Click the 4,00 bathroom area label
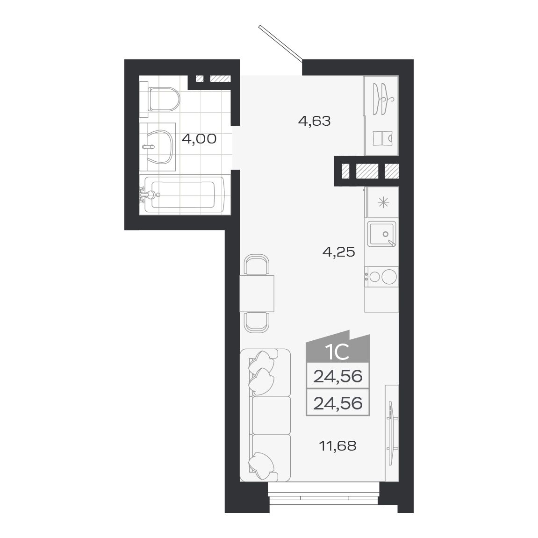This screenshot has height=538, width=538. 199,139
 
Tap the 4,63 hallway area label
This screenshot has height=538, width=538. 314,122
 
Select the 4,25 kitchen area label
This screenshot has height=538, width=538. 338,252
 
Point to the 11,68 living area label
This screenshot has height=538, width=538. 337,446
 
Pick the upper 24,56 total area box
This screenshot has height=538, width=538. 337,376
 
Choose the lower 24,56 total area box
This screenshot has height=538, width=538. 337,402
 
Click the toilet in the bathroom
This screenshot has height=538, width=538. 162,99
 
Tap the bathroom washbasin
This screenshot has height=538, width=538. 156,147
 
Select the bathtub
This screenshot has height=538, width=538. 185,194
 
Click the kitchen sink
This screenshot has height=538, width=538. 382,234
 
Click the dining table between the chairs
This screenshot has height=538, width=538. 257,294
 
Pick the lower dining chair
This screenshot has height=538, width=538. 257,322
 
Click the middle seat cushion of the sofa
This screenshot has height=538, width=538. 271,415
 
